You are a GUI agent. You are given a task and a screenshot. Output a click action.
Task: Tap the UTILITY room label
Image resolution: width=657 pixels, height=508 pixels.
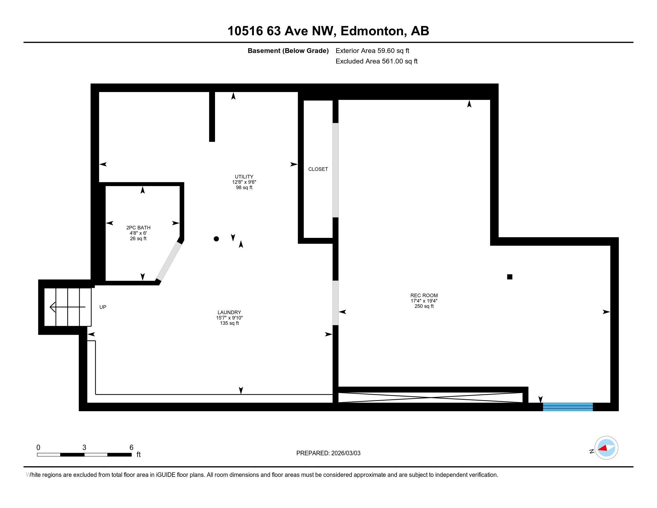(x=244, y=177)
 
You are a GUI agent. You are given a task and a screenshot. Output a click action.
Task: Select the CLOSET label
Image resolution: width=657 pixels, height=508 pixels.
(x=318, y=169)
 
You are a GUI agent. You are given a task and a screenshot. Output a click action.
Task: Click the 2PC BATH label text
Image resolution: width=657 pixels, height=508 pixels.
(x=138, y=228)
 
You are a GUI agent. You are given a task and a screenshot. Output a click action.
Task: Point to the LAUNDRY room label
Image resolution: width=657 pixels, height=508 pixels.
(x=229, y=312)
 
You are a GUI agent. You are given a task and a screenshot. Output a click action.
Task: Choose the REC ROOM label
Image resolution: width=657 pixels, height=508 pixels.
(x=424, y=296)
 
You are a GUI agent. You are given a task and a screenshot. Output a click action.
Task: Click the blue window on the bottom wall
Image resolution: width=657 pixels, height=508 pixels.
(x=568, y=407)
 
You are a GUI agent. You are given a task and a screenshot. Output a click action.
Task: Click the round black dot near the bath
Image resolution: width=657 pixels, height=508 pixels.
(x=216, y=239)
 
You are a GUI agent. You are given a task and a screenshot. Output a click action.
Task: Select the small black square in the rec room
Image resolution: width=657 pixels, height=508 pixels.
(x=509, y=277)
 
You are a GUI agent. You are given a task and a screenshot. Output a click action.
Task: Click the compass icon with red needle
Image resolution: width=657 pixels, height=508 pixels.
(x=606, y=448)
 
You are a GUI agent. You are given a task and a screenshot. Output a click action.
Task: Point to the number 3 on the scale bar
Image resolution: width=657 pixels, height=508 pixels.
(x=84, y=448)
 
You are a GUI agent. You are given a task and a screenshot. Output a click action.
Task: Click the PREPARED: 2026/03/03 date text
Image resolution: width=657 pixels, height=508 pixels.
(x=328, y=453)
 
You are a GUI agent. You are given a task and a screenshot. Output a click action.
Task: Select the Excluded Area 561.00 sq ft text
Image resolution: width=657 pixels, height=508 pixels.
(x=376, y=61)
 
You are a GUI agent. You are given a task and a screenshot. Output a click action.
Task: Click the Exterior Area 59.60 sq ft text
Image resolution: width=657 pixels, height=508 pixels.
(x=372, y=51)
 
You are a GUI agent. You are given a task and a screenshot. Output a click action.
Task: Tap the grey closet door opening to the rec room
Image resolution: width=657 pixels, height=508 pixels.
(x=335, y=170)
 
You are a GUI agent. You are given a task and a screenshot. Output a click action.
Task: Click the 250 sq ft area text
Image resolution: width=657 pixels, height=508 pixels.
(x=424, y=306)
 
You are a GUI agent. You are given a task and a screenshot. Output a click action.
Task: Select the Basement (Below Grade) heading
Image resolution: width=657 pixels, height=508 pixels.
(x=288, y=51)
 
